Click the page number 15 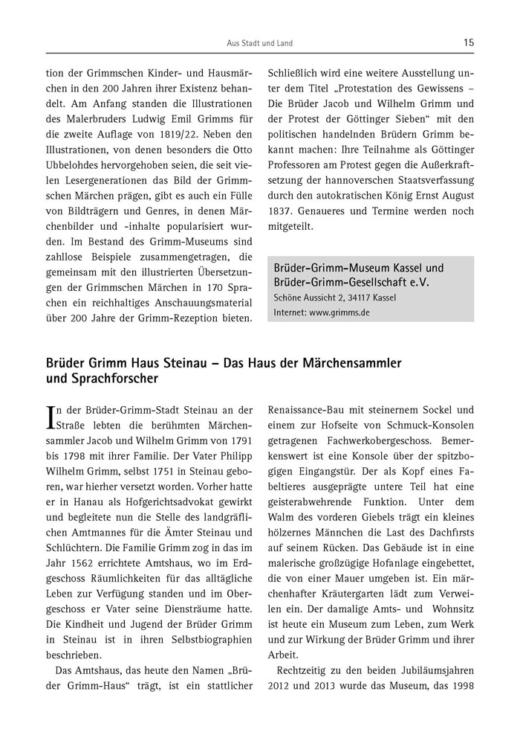pyautogui.click(x=468, y=43)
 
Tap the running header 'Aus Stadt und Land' pyautogui.click(x=259, y=44)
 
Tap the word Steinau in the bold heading pyautogui.click(x=177, y=363)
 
